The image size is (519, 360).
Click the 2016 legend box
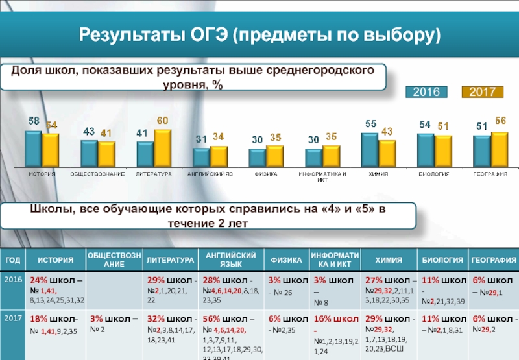tap(428, 92)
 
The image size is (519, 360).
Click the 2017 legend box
tap(483, 92)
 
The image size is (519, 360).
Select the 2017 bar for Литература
tap(162, 148)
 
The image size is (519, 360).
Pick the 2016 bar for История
tap(32, 149)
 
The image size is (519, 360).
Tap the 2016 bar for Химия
tap(370, 149)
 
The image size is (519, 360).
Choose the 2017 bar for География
tap(499, 149)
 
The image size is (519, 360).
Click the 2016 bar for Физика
tap(258, 157)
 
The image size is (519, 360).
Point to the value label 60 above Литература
tap(162, 121)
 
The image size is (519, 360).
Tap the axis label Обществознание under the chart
tap(98, 174)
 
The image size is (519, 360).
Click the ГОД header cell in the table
tap(13, 260)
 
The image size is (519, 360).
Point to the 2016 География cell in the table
tap(494, 285)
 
